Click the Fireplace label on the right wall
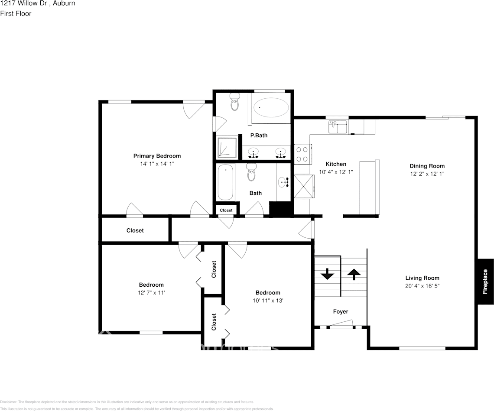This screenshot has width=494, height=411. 485,282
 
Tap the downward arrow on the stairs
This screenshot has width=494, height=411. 327,274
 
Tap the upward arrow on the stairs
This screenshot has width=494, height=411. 354,274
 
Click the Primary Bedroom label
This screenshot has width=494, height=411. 157,156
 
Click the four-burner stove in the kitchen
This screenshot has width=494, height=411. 302,154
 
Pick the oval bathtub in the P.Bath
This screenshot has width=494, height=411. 271,107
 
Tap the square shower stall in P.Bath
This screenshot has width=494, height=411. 227,147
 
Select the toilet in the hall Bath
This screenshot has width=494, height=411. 251,173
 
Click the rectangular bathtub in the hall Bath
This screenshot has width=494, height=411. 225,182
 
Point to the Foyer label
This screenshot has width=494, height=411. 340,311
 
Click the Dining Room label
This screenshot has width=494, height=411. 427,166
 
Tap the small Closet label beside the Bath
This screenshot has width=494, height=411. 226,210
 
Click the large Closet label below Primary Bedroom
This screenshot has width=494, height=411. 135,230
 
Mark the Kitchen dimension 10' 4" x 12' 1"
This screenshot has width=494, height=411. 336,172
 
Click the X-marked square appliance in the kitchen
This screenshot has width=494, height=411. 303,186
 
